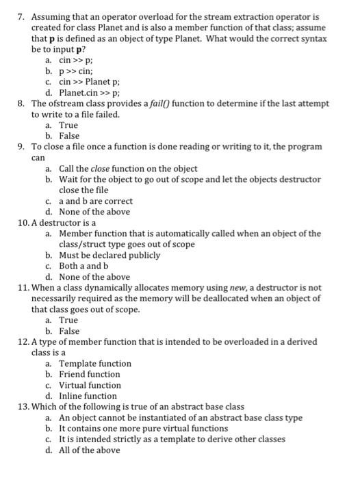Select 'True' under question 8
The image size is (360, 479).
pyautogui.click(x=68, y=125)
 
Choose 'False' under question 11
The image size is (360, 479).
pyautogui.click(x=69, y=331)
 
